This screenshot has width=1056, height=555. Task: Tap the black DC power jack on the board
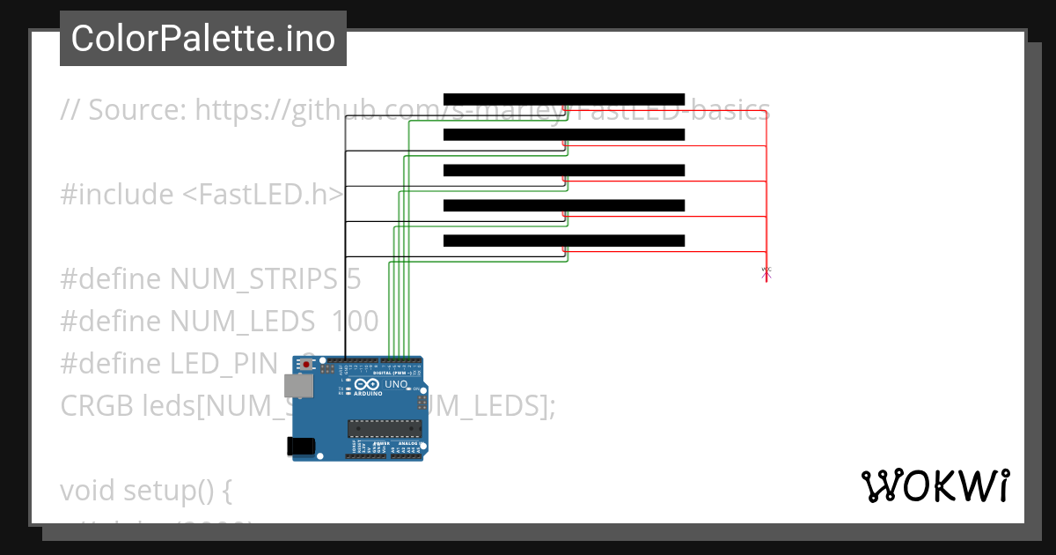(x=303, y=447)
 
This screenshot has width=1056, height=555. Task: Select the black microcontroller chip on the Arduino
(x=385, y=429)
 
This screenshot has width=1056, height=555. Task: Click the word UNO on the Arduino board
(x=396, y=384)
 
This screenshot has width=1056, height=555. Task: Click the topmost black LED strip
(x=563, y=99)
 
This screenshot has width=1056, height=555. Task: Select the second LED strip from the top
(x=563, y=135)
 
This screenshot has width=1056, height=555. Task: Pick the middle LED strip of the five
(x=563, y=170)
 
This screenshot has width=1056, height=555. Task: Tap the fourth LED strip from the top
(x=563, y=205)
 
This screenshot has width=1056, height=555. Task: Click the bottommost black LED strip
(x=563, y=240)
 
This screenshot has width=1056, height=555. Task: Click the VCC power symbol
(x=766, y=273)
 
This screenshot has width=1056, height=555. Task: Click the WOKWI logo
(x=935, y=485)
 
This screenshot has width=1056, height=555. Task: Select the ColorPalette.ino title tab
(x=203, y=39)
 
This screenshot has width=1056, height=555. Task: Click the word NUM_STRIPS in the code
(x=254, y=279)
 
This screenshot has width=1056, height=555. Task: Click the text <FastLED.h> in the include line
(x=262, y=195)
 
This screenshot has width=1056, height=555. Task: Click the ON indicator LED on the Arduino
(x=416, y=388)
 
